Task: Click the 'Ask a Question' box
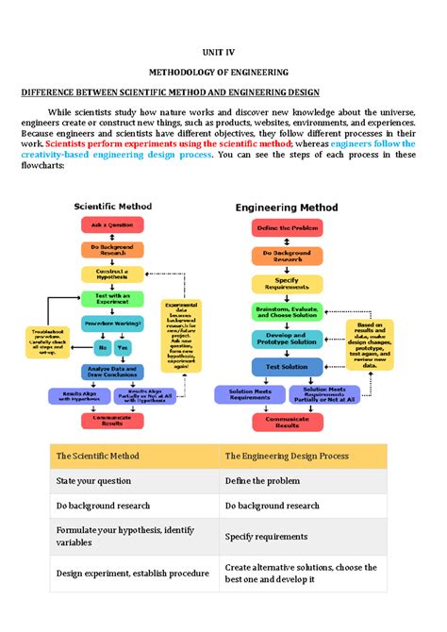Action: (112, 225)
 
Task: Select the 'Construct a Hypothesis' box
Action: (112, 274)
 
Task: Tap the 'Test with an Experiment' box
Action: (112, 299)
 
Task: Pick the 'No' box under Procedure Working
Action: (94, 348)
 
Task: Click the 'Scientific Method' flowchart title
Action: (112, 207)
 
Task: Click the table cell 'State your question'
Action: (94, 481)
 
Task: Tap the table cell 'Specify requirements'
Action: (262, 537)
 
